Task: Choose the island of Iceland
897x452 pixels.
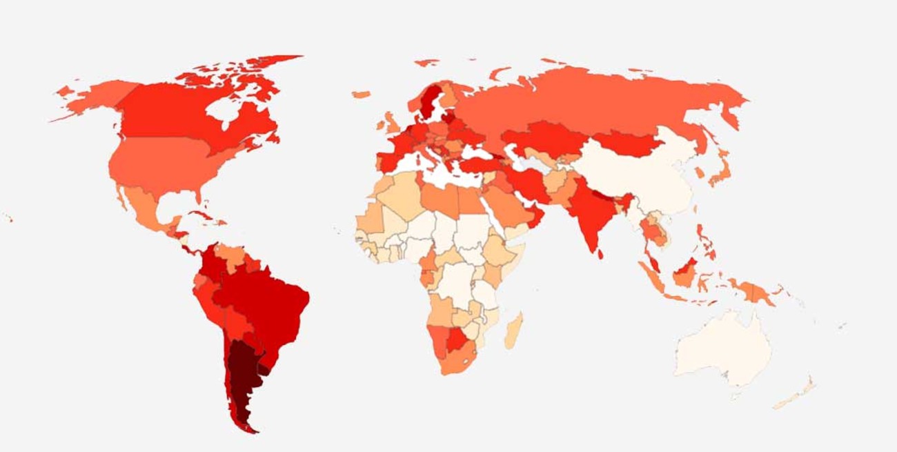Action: (x=361, y=94)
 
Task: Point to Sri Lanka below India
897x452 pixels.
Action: (x=600, y=254)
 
